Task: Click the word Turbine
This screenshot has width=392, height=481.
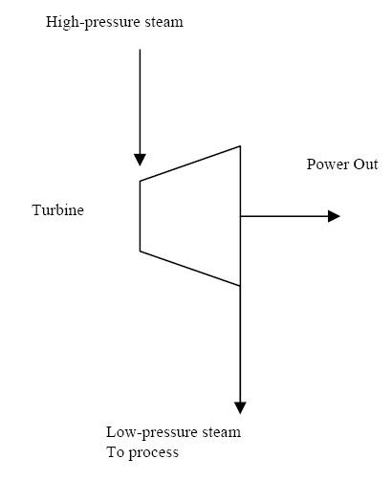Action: tap(58, 210)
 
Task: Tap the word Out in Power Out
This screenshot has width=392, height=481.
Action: tap(366, 164)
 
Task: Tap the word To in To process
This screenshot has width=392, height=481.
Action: tap(116, 452)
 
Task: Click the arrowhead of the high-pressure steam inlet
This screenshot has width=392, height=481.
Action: tap(140, 160)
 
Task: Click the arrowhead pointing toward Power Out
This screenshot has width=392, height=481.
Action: tap(335, 216)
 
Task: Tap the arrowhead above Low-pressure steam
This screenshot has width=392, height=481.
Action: tap(240, 408)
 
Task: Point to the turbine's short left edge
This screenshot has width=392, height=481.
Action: tap(141, 216)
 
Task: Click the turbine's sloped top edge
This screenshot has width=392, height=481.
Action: tap(190, 164)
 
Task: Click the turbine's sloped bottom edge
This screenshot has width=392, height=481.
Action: tap(190, 269)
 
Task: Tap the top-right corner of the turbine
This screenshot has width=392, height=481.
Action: tap(240, 146)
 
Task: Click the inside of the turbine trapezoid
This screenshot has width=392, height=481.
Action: tap(190, 216)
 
